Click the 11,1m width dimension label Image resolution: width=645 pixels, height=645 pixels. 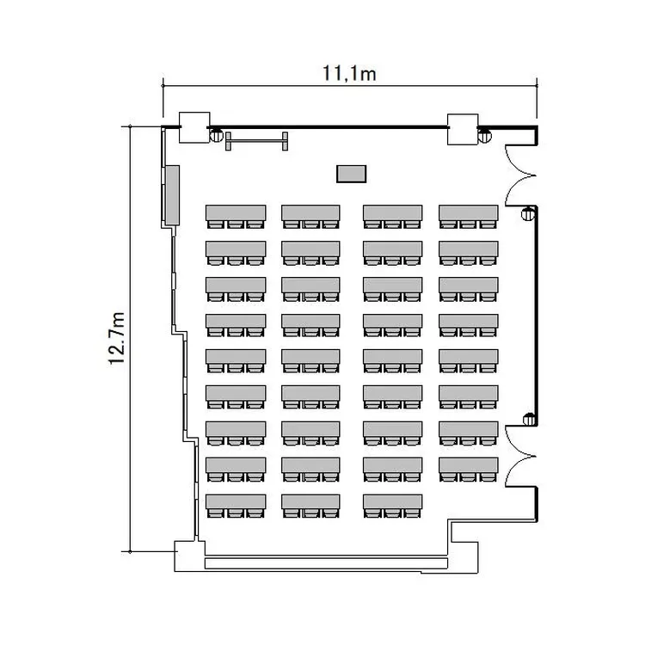349,73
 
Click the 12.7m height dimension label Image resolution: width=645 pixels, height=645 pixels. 116,338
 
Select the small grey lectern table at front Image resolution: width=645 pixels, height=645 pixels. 351,174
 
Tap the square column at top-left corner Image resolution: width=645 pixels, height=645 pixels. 194,127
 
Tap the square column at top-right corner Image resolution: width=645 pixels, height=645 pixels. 463,129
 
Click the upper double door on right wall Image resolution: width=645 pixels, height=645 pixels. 520,175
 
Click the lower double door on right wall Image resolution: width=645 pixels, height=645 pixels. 520,456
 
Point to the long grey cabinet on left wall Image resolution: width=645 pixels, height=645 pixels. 172,195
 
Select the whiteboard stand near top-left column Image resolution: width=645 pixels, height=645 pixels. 256,142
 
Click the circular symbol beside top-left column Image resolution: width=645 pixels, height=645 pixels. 217,135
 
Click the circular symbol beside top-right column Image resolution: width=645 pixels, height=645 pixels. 484,135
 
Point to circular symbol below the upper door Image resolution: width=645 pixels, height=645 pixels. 528,213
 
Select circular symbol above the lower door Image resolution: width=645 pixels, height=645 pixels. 529,419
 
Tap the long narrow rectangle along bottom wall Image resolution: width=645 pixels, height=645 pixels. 326,562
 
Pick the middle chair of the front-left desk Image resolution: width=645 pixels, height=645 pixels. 236,224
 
